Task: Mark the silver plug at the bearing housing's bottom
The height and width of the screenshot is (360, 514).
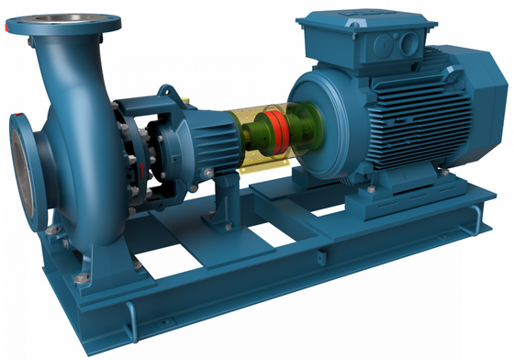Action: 209,172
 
